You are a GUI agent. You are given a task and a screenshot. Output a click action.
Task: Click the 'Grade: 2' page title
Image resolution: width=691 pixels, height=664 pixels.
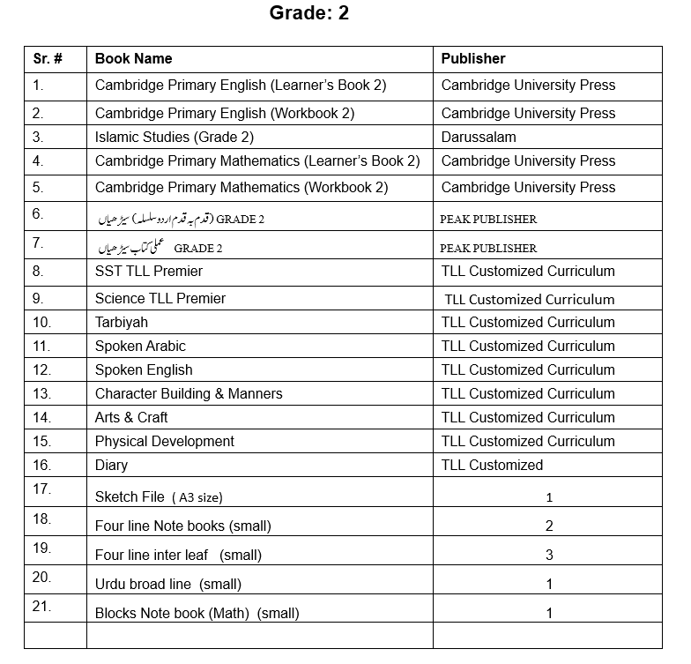point(308,14)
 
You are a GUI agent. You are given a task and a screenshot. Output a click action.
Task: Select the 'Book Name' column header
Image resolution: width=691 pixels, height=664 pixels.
point(133,59)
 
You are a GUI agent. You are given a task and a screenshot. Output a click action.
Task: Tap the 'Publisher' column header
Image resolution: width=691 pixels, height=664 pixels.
point(473,59)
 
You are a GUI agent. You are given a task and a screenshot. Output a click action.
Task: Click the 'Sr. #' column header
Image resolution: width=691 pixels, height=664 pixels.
point(48,59)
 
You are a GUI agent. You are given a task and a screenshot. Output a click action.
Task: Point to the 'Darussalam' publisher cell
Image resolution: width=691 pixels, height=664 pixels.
point(479,138)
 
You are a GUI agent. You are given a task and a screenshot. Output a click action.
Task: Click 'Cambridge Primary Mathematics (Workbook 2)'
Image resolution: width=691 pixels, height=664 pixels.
point(241,188)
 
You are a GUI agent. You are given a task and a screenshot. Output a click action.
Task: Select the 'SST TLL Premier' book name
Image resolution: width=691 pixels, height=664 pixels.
point(149,272)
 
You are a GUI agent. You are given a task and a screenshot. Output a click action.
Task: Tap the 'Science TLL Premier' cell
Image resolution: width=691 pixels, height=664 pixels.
point(160,299)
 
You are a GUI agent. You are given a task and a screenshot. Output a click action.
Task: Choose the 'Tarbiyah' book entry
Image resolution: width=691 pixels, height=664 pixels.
point(122,323)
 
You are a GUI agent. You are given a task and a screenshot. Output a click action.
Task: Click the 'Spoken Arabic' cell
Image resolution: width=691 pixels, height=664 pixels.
point(140,347)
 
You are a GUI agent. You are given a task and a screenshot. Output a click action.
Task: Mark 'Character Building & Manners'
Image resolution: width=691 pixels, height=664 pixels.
point(189,394)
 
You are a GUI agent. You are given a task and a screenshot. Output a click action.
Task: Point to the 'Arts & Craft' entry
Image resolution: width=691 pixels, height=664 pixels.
point(131,418)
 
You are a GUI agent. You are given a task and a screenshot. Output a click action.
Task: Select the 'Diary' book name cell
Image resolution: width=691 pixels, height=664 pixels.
point(111,466)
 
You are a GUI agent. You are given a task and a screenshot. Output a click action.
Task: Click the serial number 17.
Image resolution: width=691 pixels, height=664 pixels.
point(41,489)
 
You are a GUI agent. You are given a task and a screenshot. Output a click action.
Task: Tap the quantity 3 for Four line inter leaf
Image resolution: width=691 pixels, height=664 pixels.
point(549,556)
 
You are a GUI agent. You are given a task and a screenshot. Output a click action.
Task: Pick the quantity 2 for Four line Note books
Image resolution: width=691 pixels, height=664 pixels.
point(549,526)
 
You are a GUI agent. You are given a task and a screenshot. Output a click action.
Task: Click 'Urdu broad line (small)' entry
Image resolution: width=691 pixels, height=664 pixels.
point(167,585)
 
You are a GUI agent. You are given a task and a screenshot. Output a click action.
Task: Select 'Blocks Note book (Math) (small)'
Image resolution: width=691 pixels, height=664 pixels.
point(197,614)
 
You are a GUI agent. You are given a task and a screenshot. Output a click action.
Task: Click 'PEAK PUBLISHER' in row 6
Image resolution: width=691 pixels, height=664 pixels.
point(488,220)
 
